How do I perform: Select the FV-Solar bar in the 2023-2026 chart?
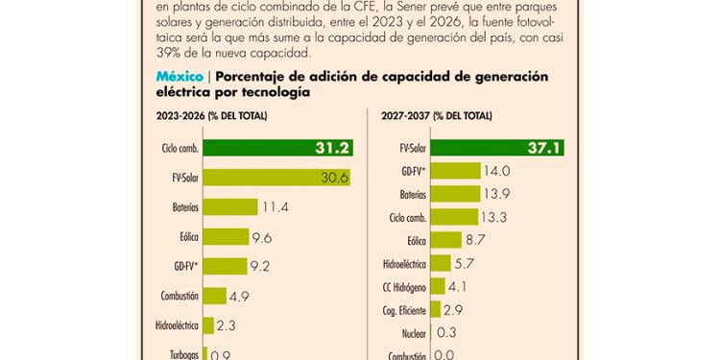275,178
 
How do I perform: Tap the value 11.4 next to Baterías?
276,207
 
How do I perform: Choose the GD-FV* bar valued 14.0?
454,171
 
